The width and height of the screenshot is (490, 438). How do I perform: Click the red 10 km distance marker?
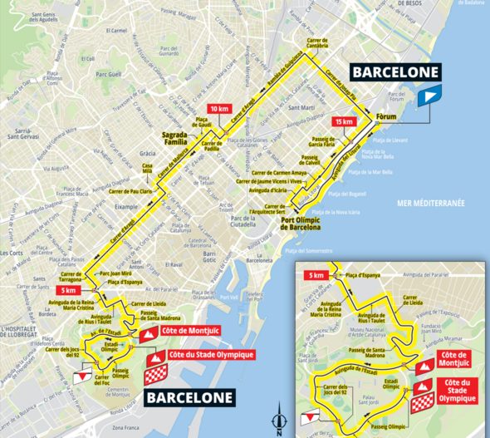coord(218,109)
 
